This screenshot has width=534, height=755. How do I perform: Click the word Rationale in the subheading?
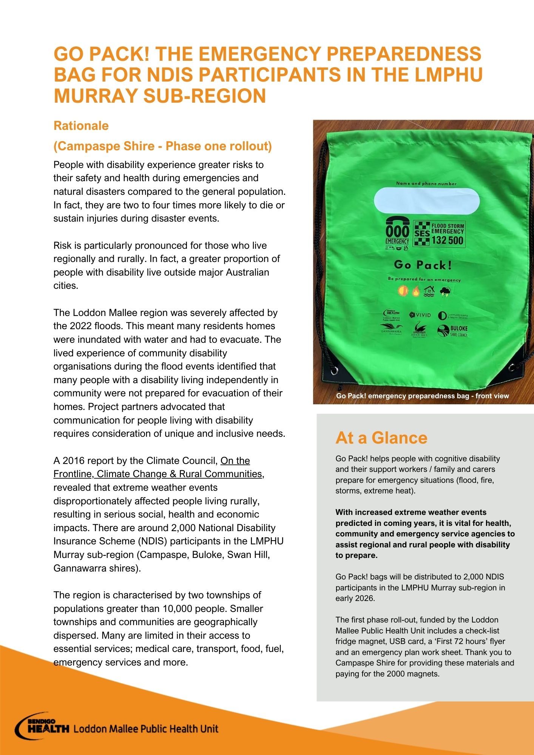(x=81, y=126)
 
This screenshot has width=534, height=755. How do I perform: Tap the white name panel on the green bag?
(x=426, y=201)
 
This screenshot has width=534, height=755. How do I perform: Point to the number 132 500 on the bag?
(x=447, y=241)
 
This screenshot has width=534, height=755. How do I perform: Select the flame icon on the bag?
(x=416, y=291)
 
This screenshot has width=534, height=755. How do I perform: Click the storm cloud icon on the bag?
(x=445, y=291)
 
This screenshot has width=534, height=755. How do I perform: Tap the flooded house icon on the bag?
(x=429, y=291)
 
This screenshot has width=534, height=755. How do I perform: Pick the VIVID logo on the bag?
(x=420, y=315)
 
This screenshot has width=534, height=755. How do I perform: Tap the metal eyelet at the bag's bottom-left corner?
(x=334, y=371)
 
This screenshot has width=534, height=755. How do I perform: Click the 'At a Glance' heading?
(x=381, y=438)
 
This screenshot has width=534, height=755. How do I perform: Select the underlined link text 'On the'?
(x=235, y=461)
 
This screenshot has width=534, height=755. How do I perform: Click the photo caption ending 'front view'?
(x=422, y=396)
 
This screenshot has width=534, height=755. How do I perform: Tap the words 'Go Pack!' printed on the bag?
(x=423, y=265)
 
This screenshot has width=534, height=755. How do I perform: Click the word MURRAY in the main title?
(x=96, y=96)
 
